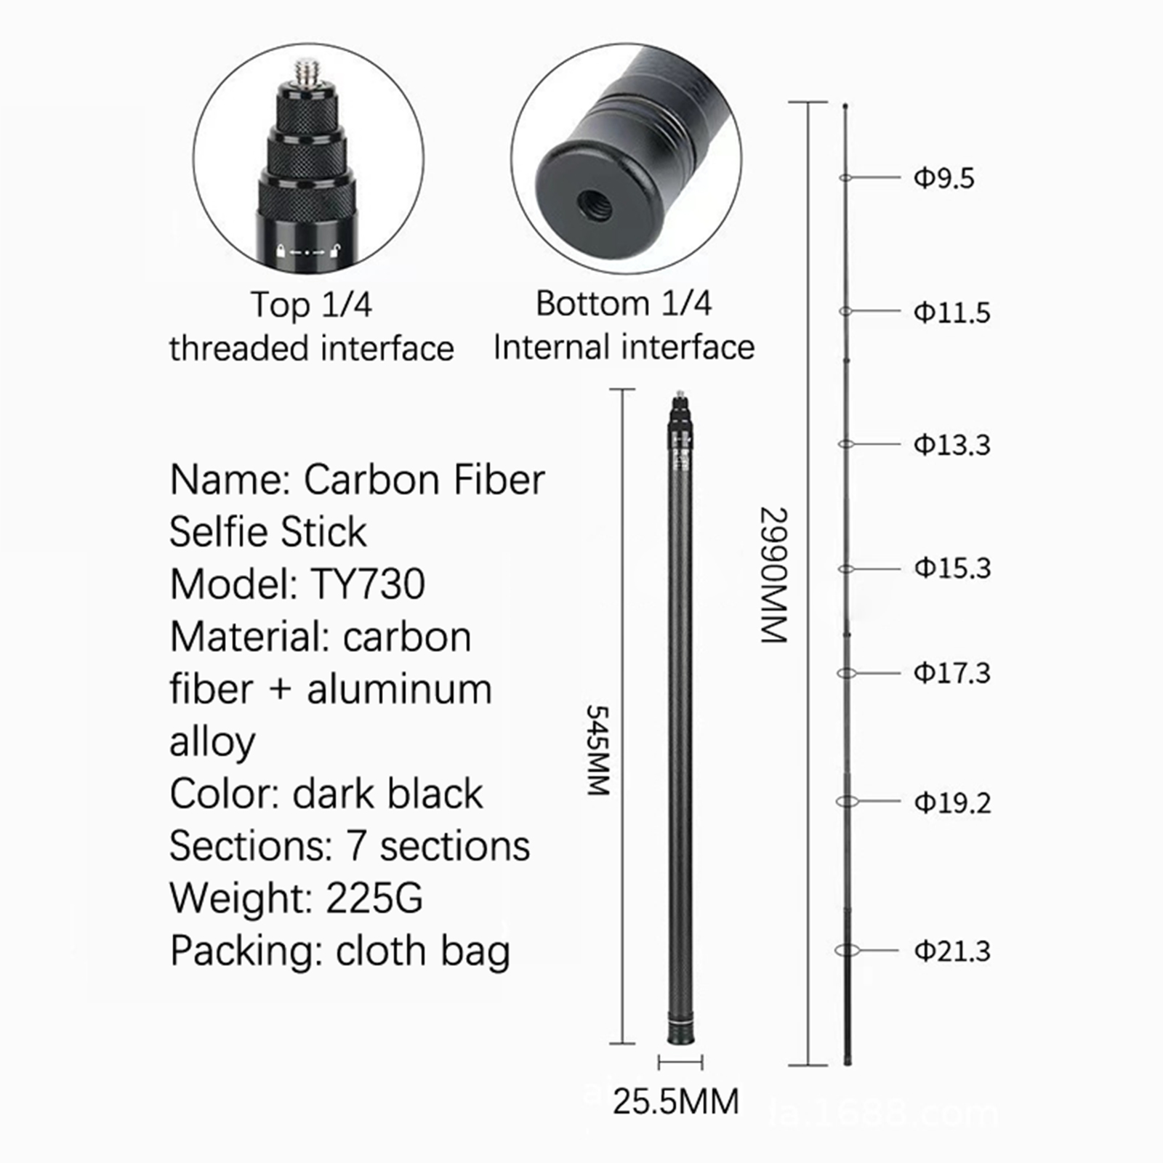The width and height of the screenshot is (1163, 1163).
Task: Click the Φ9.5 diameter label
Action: point(943,178)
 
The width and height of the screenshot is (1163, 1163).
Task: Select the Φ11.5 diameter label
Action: point(951,313)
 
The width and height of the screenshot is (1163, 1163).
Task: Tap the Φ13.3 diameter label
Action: point(951,444)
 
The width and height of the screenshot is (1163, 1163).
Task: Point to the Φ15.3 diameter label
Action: point(952,568)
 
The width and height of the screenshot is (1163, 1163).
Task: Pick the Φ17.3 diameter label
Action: point(952,672)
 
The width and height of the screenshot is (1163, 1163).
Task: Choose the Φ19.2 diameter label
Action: point(952,802)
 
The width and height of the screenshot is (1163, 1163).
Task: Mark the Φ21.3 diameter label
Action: point(952,951)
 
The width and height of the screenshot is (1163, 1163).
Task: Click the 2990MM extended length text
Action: point(773,574)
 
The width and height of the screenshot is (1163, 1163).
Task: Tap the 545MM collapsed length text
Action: point(597,750)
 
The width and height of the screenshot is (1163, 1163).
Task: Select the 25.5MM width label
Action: point(676,1101)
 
